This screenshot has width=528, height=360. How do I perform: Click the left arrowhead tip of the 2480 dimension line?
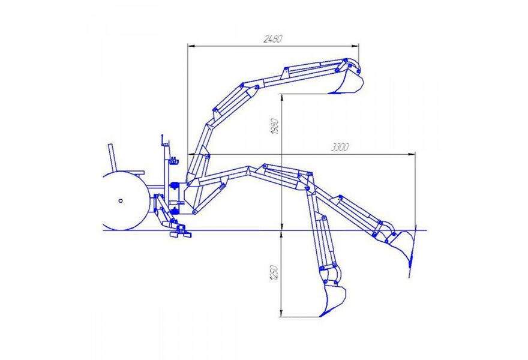188,46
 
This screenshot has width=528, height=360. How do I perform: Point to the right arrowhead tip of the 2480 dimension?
359,46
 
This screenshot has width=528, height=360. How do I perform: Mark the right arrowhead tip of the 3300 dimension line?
415,154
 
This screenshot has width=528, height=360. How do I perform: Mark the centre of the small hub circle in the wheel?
121,201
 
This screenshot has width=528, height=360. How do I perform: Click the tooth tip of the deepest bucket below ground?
320,316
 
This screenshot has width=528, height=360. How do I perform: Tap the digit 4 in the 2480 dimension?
269,39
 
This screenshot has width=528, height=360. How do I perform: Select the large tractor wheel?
125,201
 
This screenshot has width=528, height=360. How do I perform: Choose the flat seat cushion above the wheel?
133,172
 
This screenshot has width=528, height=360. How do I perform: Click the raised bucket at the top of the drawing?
348,80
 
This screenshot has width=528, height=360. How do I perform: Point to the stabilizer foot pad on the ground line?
181,233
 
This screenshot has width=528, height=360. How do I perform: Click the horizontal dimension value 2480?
272,39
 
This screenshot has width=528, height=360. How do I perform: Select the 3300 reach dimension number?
340,147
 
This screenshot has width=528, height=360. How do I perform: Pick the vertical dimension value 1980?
275,127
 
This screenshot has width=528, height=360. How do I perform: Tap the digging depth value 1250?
274,274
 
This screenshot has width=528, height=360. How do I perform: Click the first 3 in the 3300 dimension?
333,148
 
